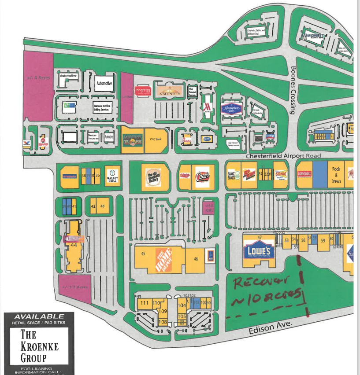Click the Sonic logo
point(281,175)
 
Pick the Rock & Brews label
point(336,175)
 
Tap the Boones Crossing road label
point(293,90)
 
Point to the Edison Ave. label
point(271,328)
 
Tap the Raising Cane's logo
point(201,175)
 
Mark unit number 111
point(144,303)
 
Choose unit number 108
point(163,322)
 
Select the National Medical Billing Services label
point(104,107)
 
